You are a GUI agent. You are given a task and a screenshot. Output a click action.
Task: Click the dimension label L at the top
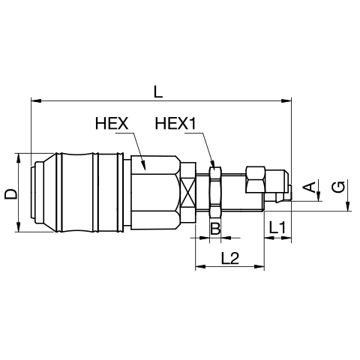[158, 91]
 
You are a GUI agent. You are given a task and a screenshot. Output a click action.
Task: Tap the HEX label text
[112, 123]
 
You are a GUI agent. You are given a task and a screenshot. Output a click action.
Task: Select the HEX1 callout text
[175, 123]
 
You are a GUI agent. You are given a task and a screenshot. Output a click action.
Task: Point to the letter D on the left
[10, 194]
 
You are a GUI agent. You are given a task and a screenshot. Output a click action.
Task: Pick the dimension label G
[338, 187]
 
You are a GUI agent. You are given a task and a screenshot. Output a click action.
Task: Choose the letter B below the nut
[215, 228]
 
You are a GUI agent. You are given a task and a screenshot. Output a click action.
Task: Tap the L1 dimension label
[277, 228]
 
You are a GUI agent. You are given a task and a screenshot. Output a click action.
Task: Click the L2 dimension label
[230, 258]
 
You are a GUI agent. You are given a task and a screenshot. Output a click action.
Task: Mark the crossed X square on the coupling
[188, 193]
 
